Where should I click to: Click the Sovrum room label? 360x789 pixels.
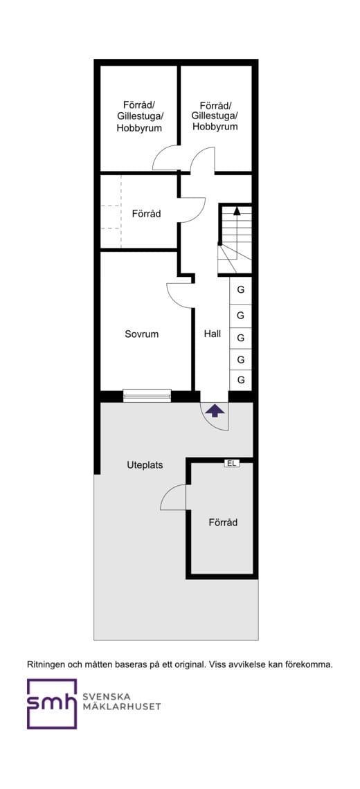142,334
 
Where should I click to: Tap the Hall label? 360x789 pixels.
212,334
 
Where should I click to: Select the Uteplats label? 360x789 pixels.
145,466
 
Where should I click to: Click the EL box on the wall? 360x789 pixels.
232,464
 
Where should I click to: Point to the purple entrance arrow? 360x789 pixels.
215,410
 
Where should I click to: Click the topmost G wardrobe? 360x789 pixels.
241,290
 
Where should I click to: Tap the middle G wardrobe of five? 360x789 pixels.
241,337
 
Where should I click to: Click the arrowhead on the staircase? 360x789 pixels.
237,210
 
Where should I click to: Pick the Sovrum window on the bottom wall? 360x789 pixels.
147,396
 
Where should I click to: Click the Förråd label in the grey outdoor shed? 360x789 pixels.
223,523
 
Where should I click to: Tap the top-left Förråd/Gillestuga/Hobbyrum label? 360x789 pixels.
139,116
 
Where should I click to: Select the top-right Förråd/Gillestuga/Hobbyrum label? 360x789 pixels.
215,116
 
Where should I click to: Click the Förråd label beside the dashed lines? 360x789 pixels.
147,214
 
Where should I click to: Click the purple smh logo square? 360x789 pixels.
52,703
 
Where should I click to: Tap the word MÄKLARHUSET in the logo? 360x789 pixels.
121,707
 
